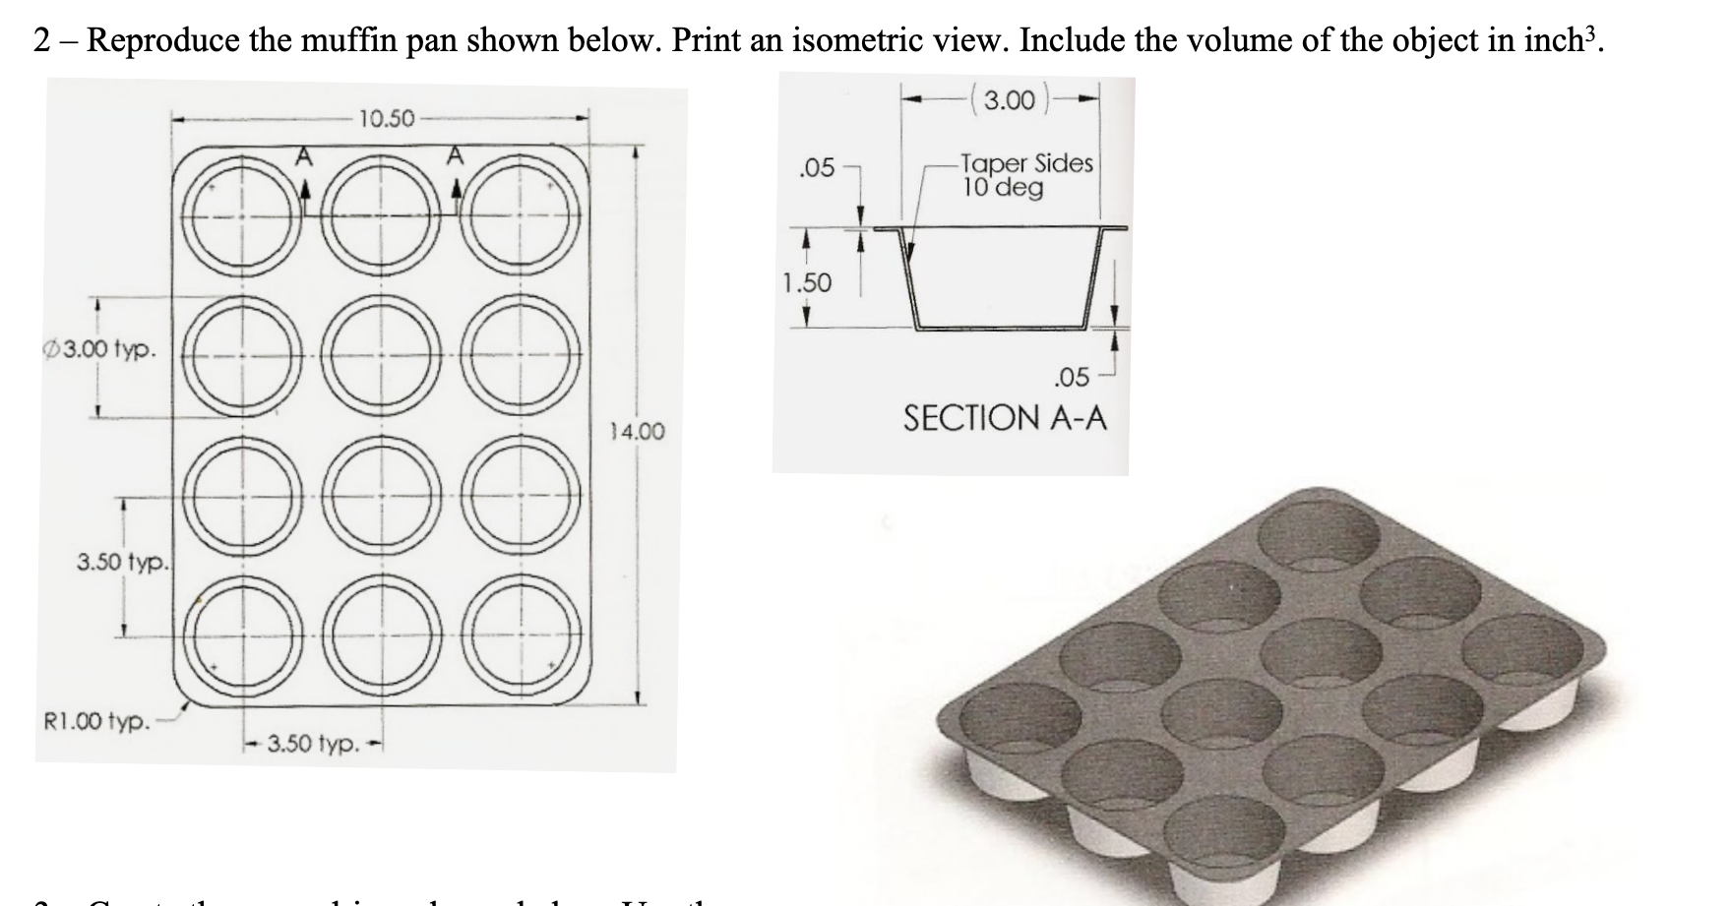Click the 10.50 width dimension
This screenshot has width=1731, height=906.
coord(386,120)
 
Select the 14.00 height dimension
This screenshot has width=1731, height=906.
coord(638,431)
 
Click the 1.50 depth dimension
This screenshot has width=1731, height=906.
coord(806,283)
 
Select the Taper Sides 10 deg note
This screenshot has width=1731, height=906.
coord(1026,175)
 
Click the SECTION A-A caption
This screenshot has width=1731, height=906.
coord(1005,418)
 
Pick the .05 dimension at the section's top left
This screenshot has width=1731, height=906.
coord(816,168)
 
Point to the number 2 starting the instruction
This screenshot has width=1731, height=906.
coord(41,40)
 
